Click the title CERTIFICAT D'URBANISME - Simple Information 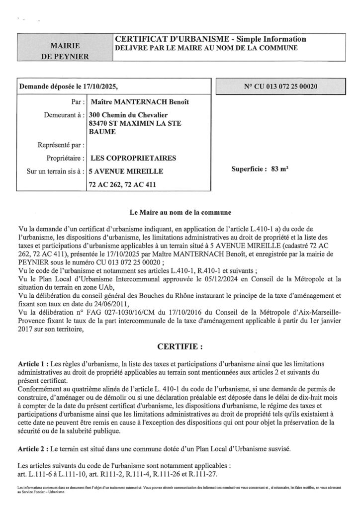pos(210,39)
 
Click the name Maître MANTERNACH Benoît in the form pos(131,102)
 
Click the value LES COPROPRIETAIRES pos(131,159)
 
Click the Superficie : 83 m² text pos(261,169)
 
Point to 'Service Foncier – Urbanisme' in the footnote pos(41,492)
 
